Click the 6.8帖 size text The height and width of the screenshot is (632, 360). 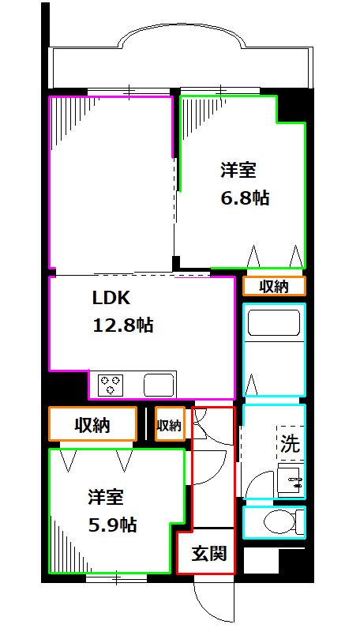tap(245, 197)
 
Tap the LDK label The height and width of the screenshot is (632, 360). tap(106, 299)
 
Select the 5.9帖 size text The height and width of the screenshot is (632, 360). tap(111, 525)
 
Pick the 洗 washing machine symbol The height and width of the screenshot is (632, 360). tap(290, 443)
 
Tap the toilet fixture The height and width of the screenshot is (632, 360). tap(279, 521)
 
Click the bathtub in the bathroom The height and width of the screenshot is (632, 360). tap(273, 325)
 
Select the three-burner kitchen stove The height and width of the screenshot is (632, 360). tap(110, 386)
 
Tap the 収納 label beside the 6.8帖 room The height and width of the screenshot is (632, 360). tap(274, 286)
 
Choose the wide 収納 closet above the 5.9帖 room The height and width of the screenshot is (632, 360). tap(92, 425)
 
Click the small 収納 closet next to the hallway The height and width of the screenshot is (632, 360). tap(170, 425)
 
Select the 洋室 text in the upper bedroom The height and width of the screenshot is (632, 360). tap(237, 170)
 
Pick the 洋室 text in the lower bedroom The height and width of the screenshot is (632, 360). tap(105, 498)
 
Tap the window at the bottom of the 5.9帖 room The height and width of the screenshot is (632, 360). tap(116, 578)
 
